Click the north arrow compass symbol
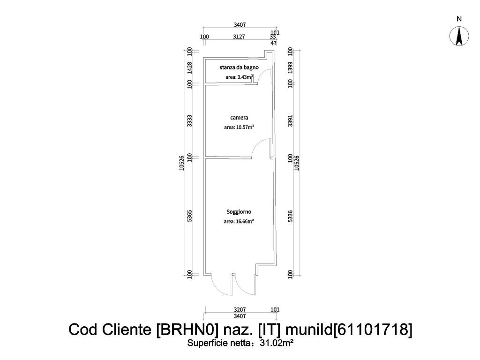click(x=459, y=36)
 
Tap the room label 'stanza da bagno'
click(x=239, y=67)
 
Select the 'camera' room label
click(x=239, y=118)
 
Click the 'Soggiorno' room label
click(x=239, y=211)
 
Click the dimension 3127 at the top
click(x=239, y=37)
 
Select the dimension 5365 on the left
click(x=190, y=216)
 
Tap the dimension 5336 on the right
click(x=291, y=216)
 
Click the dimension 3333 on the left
click(x=190, y=121)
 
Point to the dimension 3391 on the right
click(x=291, y=121)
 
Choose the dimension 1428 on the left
click(x=190, y=68)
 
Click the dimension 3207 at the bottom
click(x=240, y=310)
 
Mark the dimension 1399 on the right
click(x=291, y=68)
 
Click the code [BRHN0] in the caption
click(x=188, y=330)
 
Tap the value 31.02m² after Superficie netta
click(x=277, y=343)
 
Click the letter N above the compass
click(x=459, y=19)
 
